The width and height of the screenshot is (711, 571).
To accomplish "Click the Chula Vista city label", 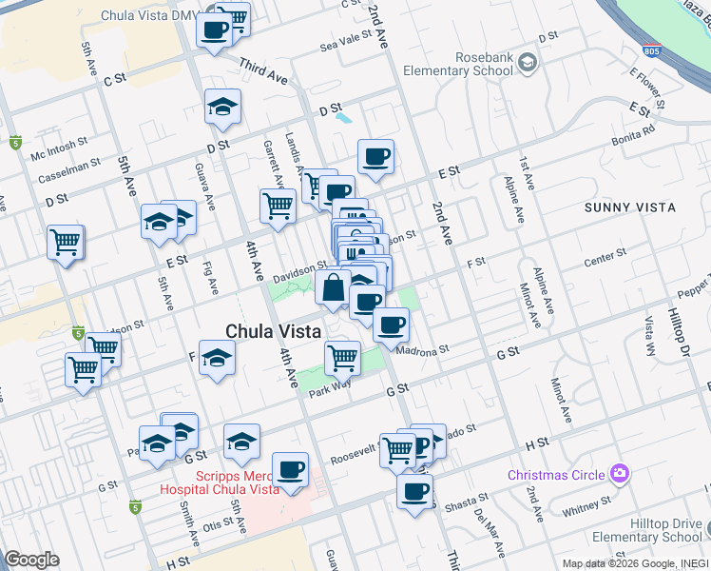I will pos(272,330).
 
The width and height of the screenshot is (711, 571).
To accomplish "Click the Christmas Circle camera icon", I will pos(620,473).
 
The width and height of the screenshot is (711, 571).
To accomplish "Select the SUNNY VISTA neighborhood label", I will pos(631,207).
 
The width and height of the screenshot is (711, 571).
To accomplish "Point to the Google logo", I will pos(31,560).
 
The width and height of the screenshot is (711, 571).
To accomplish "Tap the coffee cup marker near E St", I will pos(375,157).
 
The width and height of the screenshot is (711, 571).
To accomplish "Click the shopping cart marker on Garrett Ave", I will pos(278,205).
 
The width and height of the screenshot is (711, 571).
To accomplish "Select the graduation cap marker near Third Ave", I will pos(222,108).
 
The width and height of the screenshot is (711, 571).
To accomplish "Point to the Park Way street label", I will pos(329,387).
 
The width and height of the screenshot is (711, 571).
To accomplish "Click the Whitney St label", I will pos(579,510).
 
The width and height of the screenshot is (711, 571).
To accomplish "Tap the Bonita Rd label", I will pos(636,128).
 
